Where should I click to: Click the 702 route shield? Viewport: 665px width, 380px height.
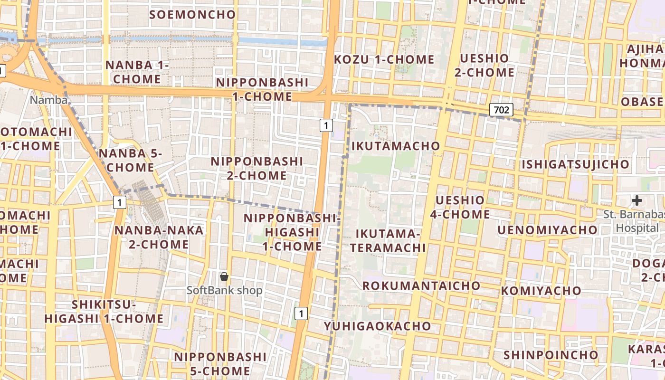(501, 110)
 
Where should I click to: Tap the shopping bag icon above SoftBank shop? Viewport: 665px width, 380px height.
(224, 276)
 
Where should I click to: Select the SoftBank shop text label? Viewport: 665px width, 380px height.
(224, 290)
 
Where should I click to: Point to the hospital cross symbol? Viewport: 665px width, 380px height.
(637, 200)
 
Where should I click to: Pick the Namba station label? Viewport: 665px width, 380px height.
(48, 100)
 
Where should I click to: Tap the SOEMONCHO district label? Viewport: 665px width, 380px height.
(192, 14)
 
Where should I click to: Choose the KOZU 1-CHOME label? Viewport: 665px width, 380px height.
(384, 59)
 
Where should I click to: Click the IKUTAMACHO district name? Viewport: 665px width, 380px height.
(396, 146)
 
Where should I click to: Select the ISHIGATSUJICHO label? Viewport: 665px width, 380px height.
(575, 164)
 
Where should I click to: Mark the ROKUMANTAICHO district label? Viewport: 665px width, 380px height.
(421, 285)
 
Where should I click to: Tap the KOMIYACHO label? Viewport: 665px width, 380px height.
(541, 290)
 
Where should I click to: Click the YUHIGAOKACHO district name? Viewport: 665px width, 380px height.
(378, 326)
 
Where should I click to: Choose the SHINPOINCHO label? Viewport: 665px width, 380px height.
(551, 355)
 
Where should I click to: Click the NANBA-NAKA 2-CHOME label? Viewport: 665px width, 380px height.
(159, 237)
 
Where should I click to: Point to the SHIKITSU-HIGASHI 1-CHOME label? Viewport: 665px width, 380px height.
(104, 311)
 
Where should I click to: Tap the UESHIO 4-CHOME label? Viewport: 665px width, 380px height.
(460, 207)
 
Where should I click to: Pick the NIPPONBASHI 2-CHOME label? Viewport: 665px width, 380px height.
(256, 168)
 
